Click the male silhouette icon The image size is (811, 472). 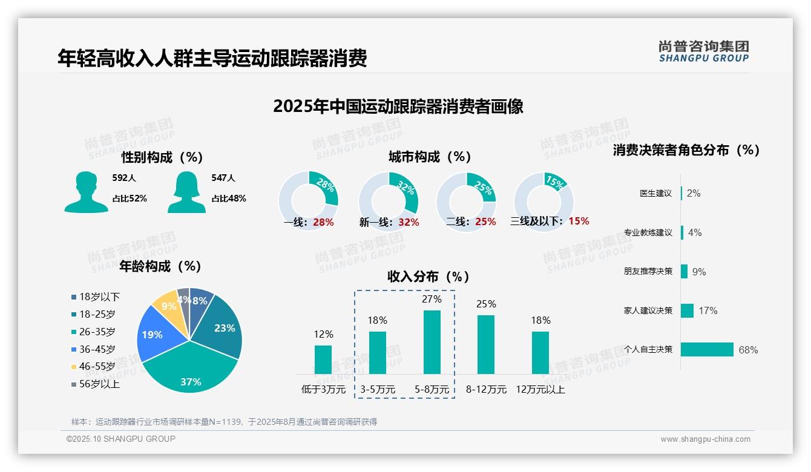pyautogui.click(x=86, y=192)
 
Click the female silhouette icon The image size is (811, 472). pyautogui.click(x=186, y=192)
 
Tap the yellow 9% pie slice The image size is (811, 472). pyautogui.click(x=164, y=309)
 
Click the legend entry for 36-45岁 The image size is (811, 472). pyautogui.click(x=96, y=349)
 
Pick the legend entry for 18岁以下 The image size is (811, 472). pyautogui.click(x=99, y=297)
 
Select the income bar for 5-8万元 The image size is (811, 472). pyautogui.click(x=432, y=342)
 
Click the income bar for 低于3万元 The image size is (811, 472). pyautogui.click(x=323, y=359)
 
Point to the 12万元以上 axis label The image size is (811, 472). pyautogui.click(x=540, y=390)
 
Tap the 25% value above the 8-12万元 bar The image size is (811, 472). pyautogui.click(x=486, y=304)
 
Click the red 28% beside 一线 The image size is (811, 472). pyautogui.click(x=323, y=222)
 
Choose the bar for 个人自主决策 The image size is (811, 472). pyautogui.click(x=707, y=349)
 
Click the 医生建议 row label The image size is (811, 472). pyautogui.click(x=655, y=193)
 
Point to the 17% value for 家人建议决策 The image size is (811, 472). pyautogui.click(x=708, y=310)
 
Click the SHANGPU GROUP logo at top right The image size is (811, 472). pyautogui.click(x=703, y=51)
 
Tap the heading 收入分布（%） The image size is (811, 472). pyautogui.click(x=428, y=277)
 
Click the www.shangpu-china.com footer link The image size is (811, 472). pyautogui.click(x=705, y=439)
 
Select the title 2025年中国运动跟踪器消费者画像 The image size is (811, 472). pyautogui.click(x=398, y=107)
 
